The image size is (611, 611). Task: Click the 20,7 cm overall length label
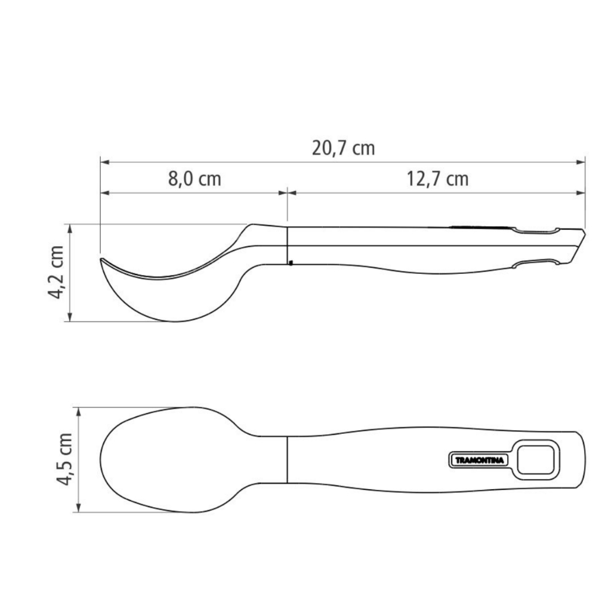coord(343,149)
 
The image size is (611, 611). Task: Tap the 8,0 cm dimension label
coord(195,179)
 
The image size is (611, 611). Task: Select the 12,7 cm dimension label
coord(437,179)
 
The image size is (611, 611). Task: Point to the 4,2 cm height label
coord(55,272)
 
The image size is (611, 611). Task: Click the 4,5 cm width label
coord(64,459)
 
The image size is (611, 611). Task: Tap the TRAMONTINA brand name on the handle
coord(479,460)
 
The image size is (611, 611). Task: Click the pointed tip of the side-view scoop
coord(101,259)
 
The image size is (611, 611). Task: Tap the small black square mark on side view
coord(291,263)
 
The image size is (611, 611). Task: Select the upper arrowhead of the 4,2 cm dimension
coord(70,229)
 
